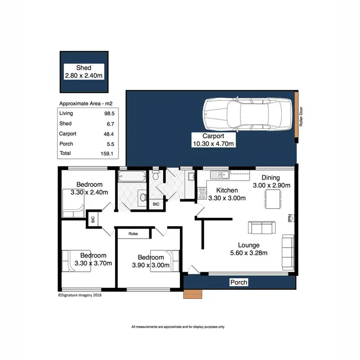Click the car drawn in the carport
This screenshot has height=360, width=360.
point(247,114)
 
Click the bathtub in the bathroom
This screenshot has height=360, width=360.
point(132,177)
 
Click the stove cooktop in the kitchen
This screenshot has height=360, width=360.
point(203,192)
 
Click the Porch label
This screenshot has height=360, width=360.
point(239,282)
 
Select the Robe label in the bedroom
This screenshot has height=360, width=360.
point(133,234)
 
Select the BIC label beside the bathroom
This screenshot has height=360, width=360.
point(156,204)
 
